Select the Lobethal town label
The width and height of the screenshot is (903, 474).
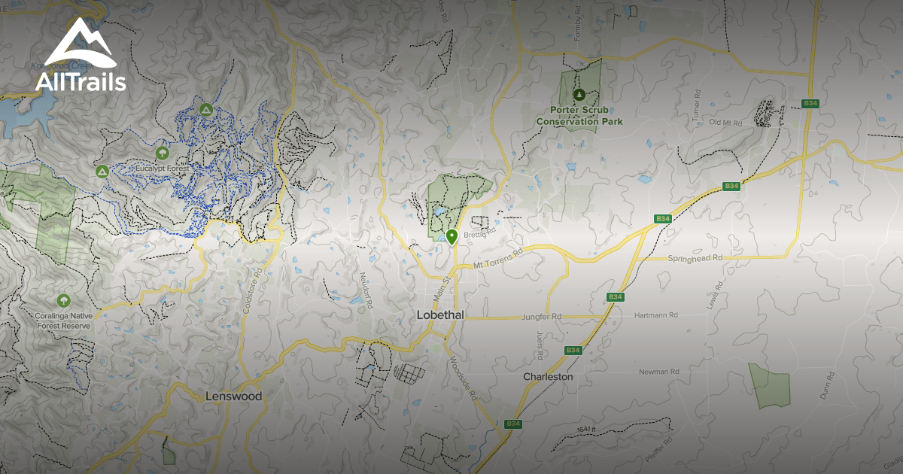point(440,316)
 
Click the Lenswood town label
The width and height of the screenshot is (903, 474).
point(234,396)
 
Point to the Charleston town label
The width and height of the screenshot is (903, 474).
point(548,376)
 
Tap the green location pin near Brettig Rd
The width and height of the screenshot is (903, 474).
point(451,237)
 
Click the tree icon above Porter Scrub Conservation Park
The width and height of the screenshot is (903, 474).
point(579,95)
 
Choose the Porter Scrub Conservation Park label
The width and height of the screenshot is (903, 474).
point(579,115)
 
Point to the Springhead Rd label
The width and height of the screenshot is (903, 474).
point(695,258)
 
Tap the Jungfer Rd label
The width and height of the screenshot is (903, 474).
point(541,318)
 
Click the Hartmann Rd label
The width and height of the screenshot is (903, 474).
point(656,315)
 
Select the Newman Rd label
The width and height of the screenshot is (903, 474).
point(658,372)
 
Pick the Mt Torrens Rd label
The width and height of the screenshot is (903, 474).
point(497,260)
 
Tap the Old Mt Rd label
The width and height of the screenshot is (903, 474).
point(725,122)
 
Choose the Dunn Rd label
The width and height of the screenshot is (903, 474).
point(825,385)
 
